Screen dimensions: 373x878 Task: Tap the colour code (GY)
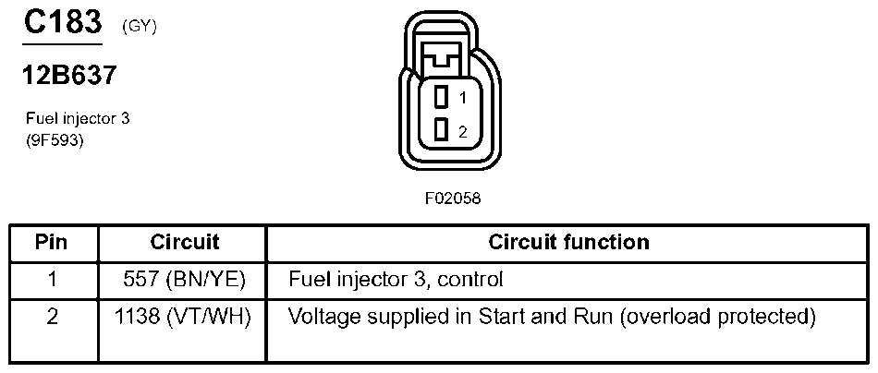[x=139, y=28]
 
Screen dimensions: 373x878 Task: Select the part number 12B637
[x=69, y=76]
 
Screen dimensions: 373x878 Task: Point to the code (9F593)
[x=55, y=140]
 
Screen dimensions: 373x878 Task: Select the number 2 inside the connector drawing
[x=462, y=130]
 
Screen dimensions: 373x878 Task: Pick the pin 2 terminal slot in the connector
[x=442, y=129]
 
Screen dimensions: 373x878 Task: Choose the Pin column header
[x=53, y=243]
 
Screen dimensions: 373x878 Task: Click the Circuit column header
[x=184, y=243]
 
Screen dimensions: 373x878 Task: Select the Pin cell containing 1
[x=53, y=278]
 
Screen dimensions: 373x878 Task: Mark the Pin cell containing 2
[x=53, y=317]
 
